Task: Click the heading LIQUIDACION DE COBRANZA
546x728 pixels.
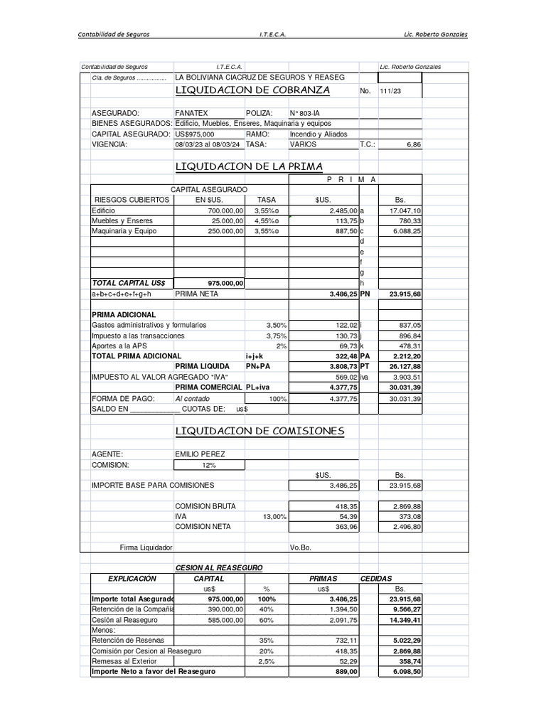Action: click(252, 90)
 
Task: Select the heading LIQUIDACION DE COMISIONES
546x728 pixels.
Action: click(259, 431)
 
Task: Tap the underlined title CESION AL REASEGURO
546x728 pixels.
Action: click(219, 567)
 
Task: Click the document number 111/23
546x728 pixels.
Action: click(391, 91)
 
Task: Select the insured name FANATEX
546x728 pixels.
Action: click(192, 113)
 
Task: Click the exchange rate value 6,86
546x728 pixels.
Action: click(413, 144)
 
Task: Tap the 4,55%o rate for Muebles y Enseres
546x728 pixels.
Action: click(267, 221)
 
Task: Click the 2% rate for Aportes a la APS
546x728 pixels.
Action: click(282, 346)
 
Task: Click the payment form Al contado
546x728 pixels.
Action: click(192, 399)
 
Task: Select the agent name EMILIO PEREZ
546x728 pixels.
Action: click(200, 454)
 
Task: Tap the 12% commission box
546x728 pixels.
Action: click(208, 465)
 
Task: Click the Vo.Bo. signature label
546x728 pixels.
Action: click(301, 548)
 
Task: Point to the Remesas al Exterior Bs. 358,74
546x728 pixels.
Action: click(407, 661)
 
